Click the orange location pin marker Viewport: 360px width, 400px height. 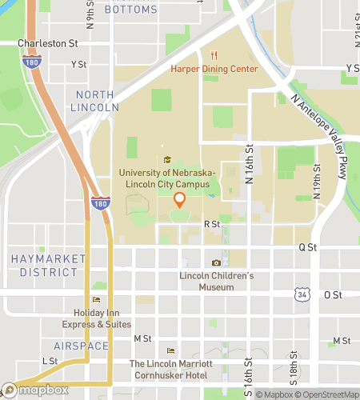[180, 201]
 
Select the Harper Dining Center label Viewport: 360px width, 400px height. [214, 69]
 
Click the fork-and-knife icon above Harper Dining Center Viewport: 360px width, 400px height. [214, 56]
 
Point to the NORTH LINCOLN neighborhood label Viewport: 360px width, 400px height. [98, 101]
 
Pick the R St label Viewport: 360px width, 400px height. [211, 226]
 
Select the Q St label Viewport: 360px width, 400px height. [308, 248]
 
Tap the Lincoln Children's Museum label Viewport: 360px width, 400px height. [216, 282]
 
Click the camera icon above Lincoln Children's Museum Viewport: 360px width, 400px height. [216, 263]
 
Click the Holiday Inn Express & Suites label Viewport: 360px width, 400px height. [97, 318]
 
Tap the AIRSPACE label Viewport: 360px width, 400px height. [81, 345]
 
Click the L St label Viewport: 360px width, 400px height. [50, 361]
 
